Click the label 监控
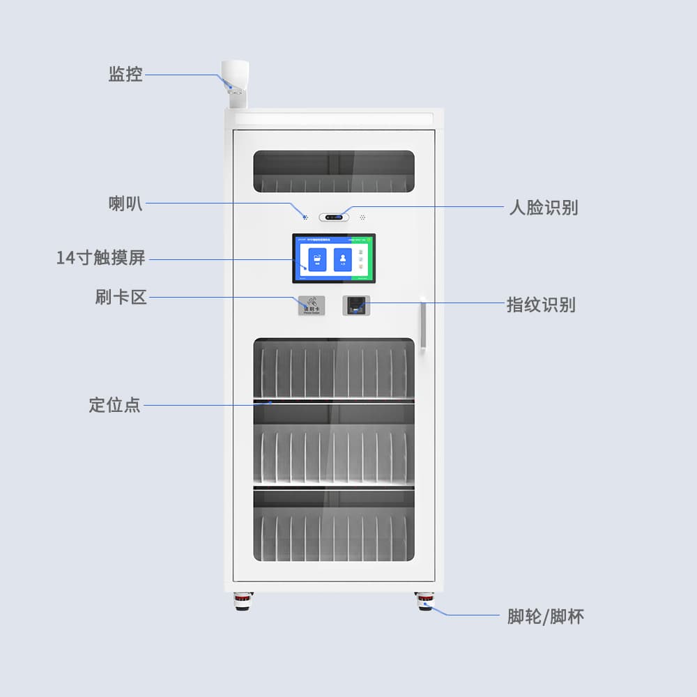125,75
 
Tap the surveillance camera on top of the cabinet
235,83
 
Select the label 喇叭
125,204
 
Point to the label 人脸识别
543,207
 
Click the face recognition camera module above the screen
334,217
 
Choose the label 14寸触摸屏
100,258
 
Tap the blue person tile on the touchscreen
343,259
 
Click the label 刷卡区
121,297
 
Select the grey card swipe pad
311,305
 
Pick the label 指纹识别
541,305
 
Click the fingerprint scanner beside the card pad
355,305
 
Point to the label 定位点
114,404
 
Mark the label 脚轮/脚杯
546,616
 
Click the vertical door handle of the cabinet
422,324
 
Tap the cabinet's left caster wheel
242,602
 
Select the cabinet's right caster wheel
424,602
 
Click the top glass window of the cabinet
334,171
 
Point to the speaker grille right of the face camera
362,217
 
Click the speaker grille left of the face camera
305,217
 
